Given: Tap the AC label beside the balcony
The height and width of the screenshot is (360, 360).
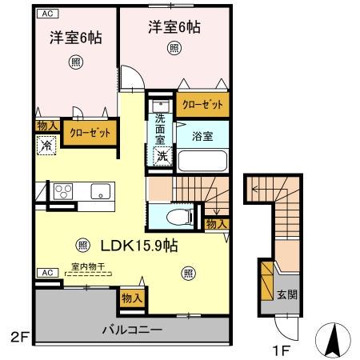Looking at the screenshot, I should click(46, 273).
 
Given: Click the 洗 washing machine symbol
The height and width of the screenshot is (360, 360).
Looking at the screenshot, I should click(162, 157).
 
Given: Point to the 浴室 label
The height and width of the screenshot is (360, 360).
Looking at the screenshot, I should click(202, 137).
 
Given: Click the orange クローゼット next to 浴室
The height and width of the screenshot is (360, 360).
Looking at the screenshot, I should click(201, 105).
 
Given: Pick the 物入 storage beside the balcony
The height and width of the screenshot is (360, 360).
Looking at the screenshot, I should click(132, 298).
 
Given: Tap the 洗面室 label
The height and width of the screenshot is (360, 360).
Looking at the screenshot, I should click(160, 128).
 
